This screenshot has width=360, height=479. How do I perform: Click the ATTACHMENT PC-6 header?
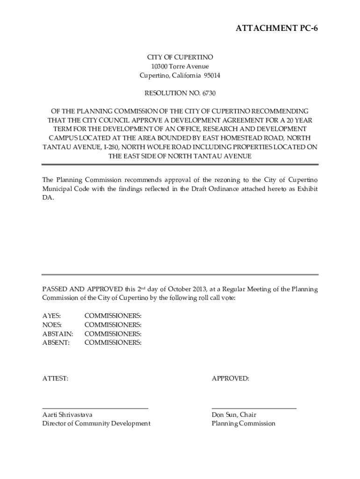[274, 29]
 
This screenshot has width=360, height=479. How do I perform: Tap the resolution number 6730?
[209, 94]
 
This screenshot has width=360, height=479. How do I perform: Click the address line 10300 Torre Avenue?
[180, 66]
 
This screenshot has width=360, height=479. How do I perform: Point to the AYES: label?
[51, 316]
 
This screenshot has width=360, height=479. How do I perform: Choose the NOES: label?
[52, 325]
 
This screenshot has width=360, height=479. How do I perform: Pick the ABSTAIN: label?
[58, 334]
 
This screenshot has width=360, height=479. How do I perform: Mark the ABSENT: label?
[56, 343]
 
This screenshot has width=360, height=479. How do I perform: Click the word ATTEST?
[55, 378]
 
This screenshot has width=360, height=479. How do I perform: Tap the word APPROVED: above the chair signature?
[230, 378]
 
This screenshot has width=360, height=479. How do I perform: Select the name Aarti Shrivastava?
[67, 415]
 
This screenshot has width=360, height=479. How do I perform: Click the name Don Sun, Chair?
[234, 415]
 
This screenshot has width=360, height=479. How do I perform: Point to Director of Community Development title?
[96, 424]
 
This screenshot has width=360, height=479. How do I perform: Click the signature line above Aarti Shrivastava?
[95, 408]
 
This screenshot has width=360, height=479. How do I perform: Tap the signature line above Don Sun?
[254, 408]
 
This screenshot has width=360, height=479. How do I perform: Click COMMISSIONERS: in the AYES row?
[113, 316]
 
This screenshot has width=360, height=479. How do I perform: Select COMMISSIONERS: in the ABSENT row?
[113, 343]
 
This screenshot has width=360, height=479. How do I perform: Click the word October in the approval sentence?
[179, 289]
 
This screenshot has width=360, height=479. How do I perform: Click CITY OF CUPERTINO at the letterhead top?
[180, 57]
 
